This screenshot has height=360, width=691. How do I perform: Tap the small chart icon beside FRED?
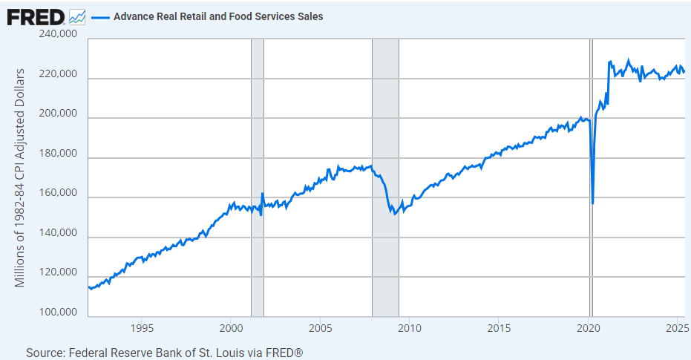76,16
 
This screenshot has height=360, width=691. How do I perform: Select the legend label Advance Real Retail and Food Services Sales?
218,16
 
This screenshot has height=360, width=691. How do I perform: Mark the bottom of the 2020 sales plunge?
593,203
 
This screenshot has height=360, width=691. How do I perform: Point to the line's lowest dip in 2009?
395,214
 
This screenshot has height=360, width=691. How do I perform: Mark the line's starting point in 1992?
88,287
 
